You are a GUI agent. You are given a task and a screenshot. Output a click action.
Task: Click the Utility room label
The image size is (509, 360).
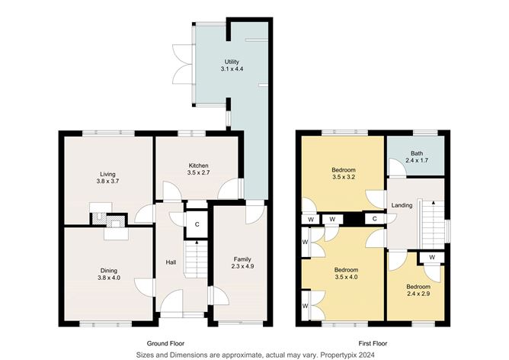(x=232, y=61)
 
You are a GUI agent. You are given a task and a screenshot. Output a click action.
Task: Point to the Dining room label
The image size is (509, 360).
(x=108, y=269)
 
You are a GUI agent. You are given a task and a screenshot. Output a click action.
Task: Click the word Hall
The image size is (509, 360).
(x=171, y=263)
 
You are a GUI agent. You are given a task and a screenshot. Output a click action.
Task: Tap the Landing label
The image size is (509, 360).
(x=402, y=205)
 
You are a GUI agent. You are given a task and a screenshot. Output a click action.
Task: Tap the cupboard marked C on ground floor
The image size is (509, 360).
(x=197, y=223)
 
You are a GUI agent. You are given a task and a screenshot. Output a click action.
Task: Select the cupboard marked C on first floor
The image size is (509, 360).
(x=376, y=220)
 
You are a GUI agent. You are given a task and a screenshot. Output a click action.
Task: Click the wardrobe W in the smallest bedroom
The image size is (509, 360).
(x=431, y=257)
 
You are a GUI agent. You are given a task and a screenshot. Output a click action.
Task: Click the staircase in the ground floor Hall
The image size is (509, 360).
(x=197, y=259)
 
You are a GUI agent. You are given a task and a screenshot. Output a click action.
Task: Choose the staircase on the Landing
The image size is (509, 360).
(x=431, y=222)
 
